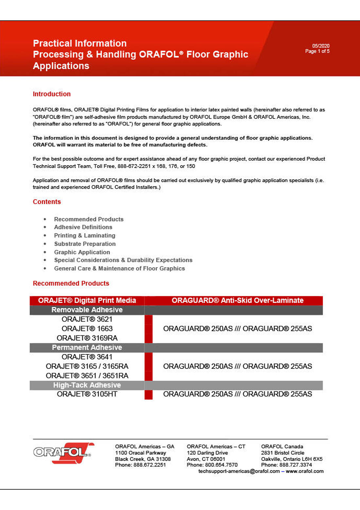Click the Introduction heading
coord(52,94)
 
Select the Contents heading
coord(47,202)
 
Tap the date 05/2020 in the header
coord(321,46)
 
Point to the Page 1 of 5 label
coord(317,51)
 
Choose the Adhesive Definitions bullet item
coord(83,227)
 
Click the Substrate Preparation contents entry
coord(85,244)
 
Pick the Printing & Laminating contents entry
coord(84,236)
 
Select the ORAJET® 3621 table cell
coord(87,319)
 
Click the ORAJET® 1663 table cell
coord(87,329)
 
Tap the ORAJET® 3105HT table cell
coord(87,394)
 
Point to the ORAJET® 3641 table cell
coord(87,357)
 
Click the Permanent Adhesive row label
coord(87,348)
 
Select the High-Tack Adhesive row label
coord(87,385)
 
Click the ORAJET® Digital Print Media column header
coord(87,300)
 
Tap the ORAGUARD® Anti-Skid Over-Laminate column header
coord(238,300)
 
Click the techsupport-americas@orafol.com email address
coord(239,471)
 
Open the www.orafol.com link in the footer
coord(305,471)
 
